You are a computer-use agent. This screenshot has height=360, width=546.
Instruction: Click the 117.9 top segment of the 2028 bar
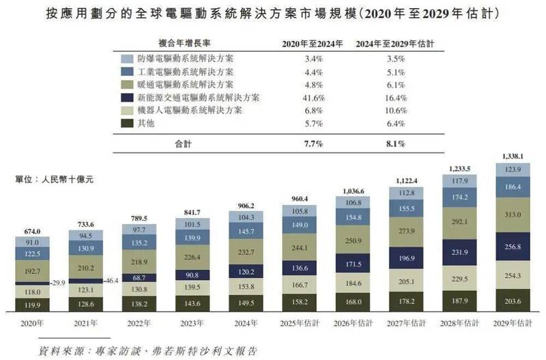[459, 182]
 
